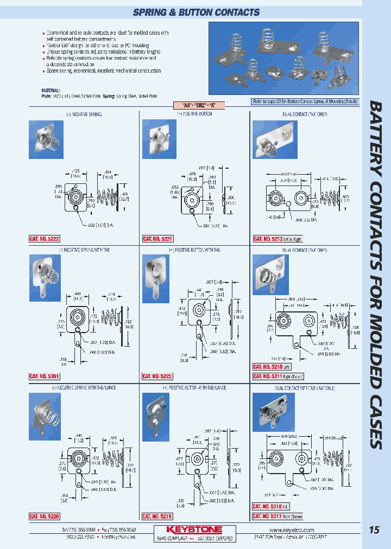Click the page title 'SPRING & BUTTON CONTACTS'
pos(196,12)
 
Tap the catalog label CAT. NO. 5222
pos(44,239)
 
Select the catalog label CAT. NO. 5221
pos(157,239)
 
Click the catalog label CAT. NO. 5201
pos(44,376)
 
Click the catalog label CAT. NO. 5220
pos(44,516)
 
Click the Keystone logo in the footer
pos(195,529)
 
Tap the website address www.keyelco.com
pos(292,529)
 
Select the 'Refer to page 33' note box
pos(305,101)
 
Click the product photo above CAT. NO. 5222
pos(45,135)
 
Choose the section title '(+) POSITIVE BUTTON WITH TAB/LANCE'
pos(194,388)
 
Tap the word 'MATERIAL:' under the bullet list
pos(51,90)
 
